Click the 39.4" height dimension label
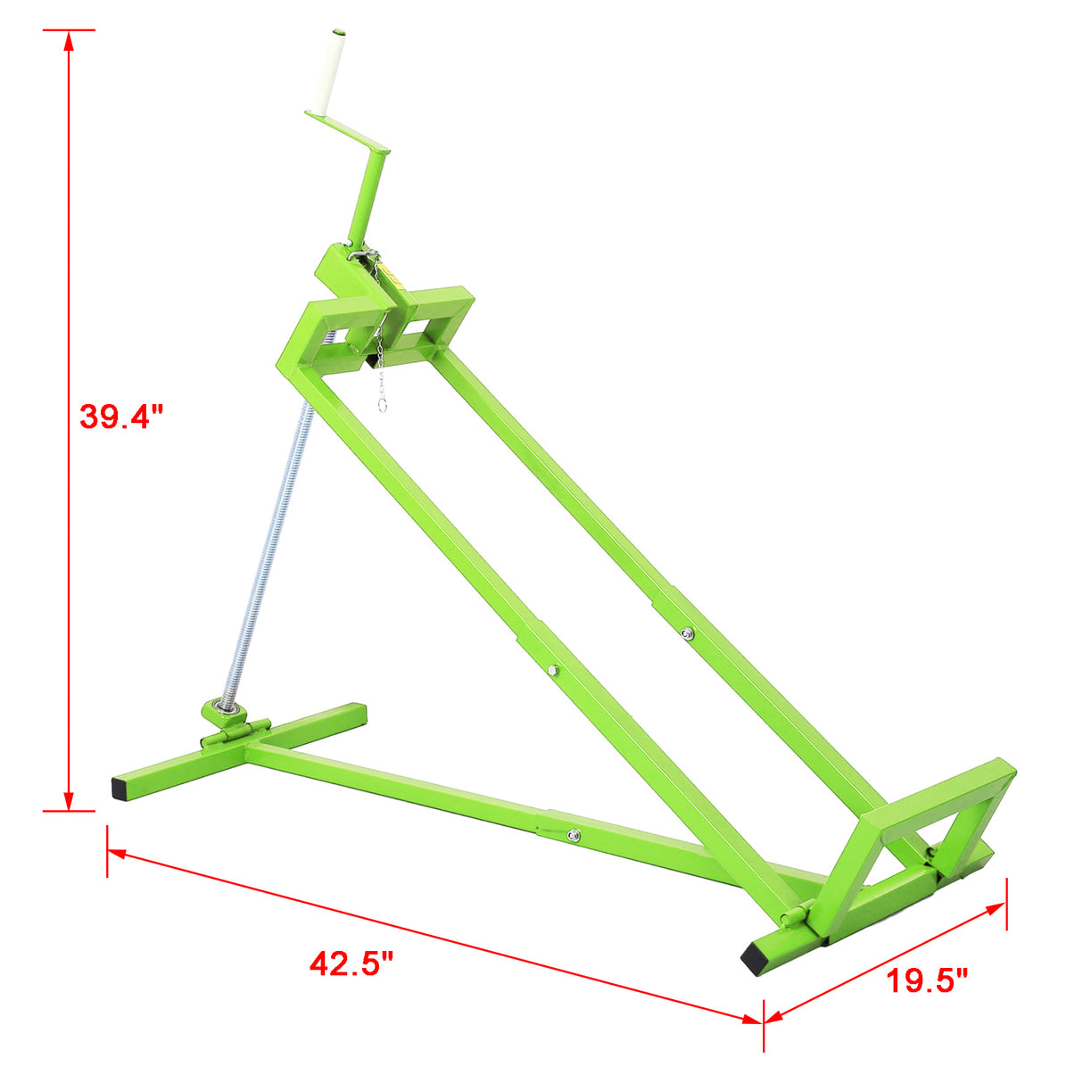[121, 417]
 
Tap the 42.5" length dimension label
[351, 963]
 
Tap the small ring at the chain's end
[382, 404]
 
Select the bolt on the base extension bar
[573, 835]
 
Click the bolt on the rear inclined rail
[685, 633]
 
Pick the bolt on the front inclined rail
[553, 669]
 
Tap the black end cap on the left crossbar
[120, 788]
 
